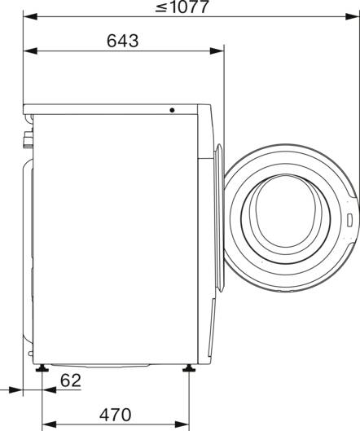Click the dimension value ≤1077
tap(184, 8)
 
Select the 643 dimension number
tap(121, 40)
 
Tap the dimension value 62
tap(71, 380)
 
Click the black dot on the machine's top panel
tap(173, 111)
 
